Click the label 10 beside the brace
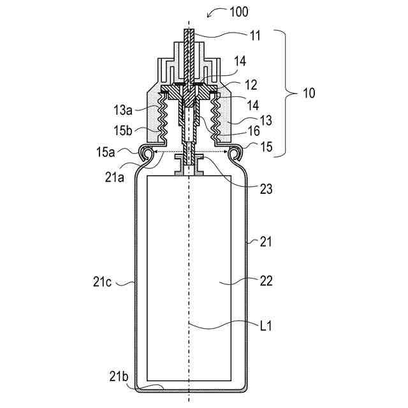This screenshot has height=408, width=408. coord(308,93)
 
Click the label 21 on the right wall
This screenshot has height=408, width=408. coord(266,241)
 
